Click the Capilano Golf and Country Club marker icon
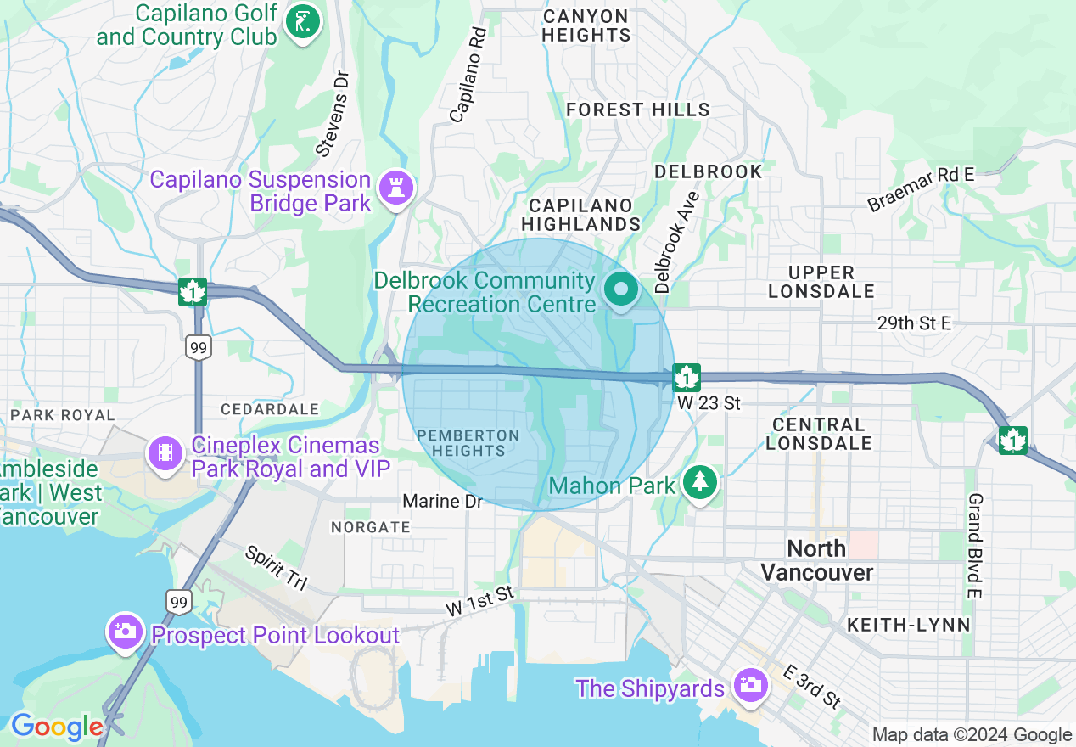pos(301,22)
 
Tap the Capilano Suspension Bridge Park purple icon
pos(395,187)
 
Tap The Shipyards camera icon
pos(750,685)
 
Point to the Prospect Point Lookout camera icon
pos(125,632)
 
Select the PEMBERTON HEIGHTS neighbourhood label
pos(468,443)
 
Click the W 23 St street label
pos(709,402)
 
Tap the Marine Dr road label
pos(442,502)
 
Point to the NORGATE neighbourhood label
pos(371,527)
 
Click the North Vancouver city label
pos(816,560)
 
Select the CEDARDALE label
pos(270,409)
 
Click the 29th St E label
pos(915,323)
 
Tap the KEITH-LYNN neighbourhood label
pos(908,626)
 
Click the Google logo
pos(57,727)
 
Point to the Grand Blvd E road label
pos(975,547)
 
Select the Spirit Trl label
pos(275,568)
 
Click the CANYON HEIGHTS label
pos(586,25)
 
